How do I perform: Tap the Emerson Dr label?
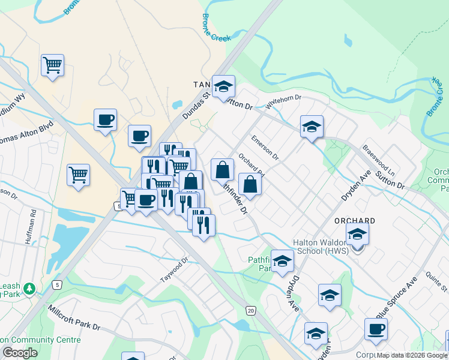click(265, 148)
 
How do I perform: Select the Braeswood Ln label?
click(378, 160)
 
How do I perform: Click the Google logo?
click(20, 352)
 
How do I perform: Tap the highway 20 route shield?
click(250, 310)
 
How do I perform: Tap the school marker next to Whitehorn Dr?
click(312, 126)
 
